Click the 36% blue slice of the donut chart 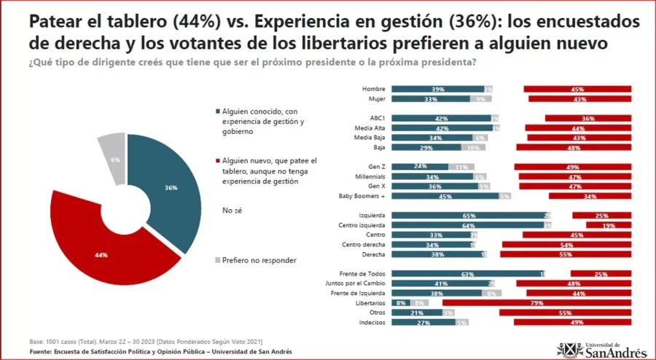tap(171, 188)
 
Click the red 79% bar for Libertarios tap(536, 302)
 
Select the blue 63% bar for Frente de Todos tap(466, 274)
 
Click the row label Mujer tap(375, 98)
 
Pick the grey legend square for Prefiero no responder tap(216, 259)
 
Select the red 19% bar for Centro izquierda tap(608, 225)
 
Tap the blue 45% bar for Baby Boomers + tap(445, 196)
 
